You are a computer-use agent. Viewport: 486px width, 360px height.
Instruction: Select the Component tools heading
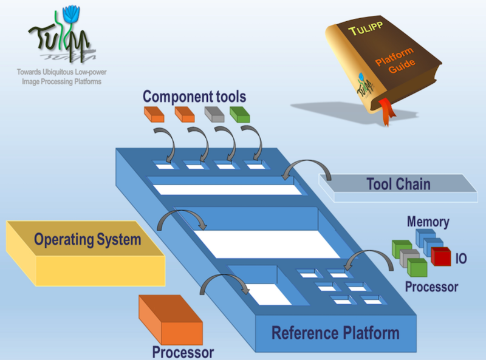click(194, 96)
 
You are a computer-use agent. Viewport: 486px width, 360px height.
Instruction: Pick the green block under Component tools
click(241, 114)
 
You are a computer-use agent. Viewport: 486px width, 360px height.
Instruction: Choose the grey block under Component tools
click(214, 114)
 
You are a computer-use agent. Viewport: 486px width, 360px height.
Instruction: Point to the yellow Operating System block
click(85, 249)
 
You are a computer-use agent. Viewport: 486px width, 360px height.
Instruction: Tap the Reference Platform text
click(335, 333)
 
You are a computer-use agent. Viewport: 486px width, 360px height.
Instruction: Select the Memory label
click(428, 222)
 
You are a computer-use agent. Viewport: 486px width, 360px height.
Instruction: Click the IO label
click(462, 259)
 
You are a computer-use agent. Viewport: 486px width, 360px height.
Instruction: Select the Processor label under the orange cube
click(183, 352)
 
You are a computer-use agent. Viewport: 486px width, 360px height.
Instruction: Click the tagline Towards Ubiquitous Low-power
click(59, 72)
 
